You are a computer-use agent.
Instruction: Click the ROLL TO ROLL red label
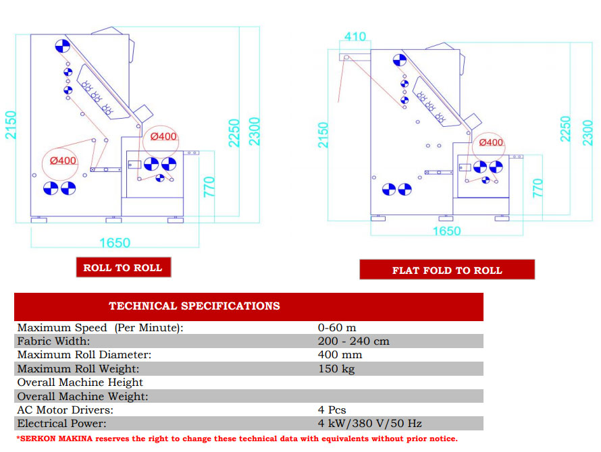coord(124,267)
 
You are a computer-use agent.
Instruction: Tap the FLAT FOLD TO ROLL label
coord(447,270)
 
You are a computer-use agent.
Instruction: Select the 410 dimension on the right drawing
coord(355,36)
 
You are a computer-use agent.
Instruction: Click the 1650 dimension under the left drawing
coord(115,242)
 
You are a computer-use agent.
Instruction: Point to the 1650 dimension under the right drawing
coord(446,231)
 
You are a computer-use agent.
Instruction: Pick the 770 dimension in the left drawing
coord(209,187)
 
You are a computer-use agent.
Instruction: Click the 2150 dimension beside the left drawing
coord(11,125)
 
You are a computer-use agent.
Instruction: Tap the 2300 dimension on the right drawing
coord(587,133)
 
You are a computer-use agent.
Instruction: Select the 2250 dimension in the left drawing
coord(234,133)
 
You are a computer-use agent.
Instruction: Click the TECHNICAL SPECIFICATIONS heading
coord(194,306)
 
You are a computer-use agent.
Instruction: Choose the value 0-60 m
coord(337,327)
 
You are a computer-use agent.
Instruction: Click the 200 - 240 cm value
coord(353,341)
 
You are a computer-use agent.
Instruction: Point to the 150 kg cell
coord(336,368)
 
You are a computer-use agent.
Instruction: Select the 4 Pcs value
coord(332,410)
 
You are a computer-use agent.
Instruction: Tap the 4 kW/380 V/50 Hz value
coord(370,423)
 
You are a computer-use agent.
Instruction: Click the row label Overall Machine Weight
coord(82,396)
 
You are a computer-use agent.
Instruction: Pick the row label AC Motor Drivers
coord(65,410)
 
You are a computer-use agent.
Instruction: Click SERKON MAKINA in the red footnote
coord(56,439)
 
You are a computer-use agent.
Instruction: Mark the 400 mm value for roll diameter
coord(340,355)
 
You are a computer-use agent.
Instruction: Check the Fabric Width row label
coord(53,341)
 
